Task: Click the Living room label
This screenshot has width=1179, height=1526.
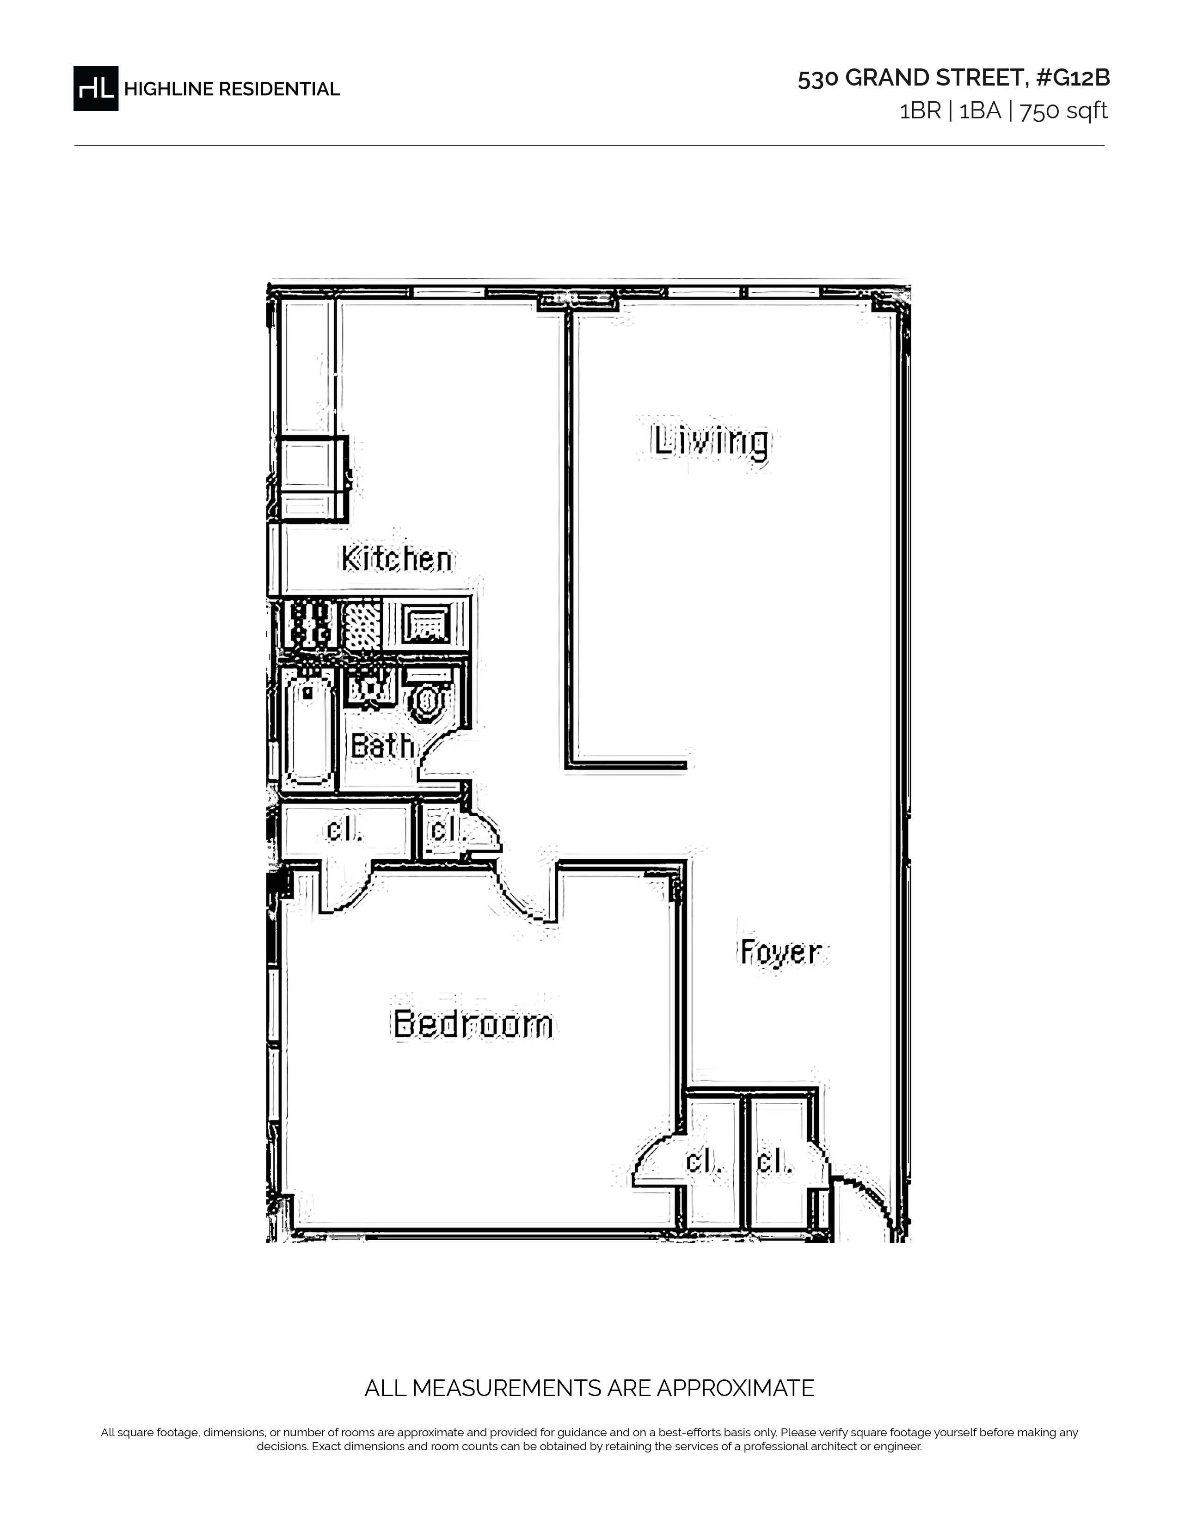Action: click(x=711, y=442)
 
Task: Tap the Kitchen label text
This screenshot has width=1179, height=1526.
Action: click(x=397, y=559)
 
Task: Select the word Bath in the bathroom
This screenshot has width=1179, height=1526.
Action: click(x=382, y=745)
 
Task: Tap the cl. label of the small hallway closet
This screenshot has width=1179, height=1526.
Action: click(x=447, y=830)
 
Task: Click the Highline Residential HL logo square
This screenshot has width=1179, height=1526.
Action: click(x=96, y=88)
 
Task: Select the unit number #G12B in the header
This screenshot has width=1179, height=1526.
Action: click(x=1072, y=78)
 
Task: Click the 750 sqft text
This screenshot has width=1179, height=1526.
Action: click(x=1064, y=111)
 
